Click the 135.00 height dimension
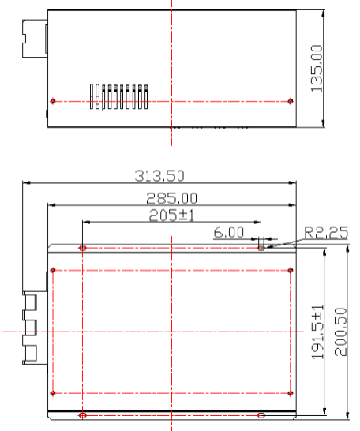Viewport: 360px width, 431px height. point(317,68)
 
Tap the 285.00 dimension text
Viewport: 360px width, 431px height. point(171,198)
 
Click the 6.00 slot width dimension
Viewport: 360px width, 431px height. point(229,234)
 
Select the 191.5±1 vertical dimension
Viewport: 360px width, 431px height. point(317,332)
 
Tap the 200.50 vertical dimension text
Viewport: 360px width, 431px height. point(339,332)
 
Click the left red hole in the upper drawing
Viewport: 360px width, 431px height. point(52,101)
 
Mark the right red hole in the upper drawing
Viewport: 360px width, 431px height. point(291,101)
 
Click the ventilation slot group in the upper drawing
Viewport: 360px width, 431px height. point(118,96)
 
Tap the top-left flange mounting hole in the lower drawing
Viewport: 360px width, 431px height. point(83,248)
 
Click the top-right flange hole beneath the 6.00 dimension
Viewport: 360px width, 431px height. point(261,248)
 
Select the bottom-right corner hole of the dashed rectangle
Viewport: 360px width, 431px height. point(291,392)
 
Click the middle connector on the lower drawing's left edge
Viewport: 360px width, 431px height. point(30,325)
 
